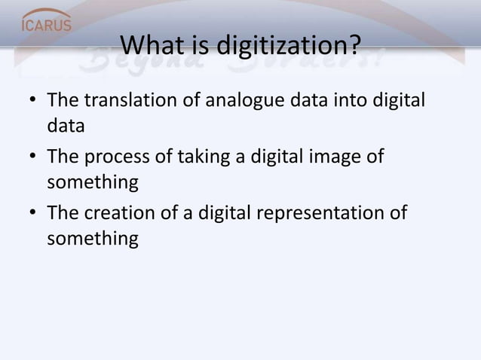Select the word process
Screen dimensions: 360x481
coord(121,157)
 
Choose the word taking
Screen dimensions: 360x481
coord(201,157)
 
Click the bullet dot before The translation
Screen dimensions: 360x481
coord(30,101)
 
